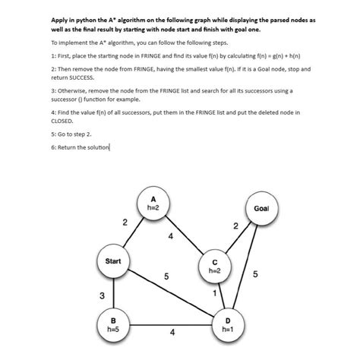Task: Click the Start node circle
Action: coord(113,261)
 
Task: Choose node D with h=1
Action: coord(226,325)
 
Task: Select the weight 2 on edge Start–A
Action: coord(124,222)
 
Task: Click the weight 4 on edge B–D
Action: coord(172,332)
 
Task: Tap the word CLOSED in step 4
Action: coord(62,120)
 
